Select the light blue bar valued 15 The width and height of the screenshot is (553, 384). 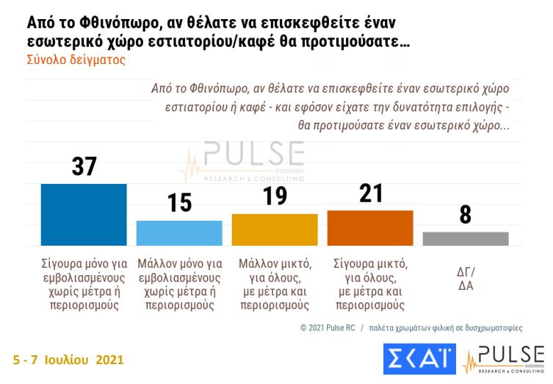tap(179, 232)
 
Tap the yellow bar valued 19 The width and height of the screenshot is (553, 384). tap(275, 230)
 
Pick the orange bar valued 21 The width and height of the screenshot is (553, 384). tap(369, 227)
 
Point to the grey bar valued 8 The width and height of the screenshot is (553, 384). tap(465, 238)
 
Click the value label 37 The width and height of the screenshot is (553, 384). tap(84, 166)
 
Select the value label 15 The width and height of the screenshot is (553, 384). tap(179, 202)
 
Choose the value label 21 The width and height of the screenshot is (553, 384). tap(369, 193)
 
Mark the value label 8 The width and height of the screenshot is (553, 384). tap(465, 215)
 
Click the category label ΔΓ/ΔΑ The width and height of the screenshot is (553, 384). tap(466, 278)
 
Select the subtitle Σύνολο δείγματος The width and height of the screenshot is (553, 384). tap(76, 60)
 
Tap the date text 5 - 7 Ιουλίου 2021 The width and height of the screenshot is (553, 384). tap(68, 360)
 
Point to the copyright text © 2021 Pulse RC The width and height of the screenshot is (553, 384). tap(329, 327)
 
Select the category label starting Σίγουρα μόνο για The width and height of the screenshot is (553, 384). tap(84, 284)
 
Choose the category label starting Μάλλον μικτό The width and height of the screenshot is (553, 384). tap(275, 284)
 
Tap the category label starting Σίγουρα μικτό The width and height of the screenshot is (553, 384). tap(369, 284)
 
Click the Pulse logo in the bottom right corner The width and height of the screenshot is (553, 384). tap(503, 359)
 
